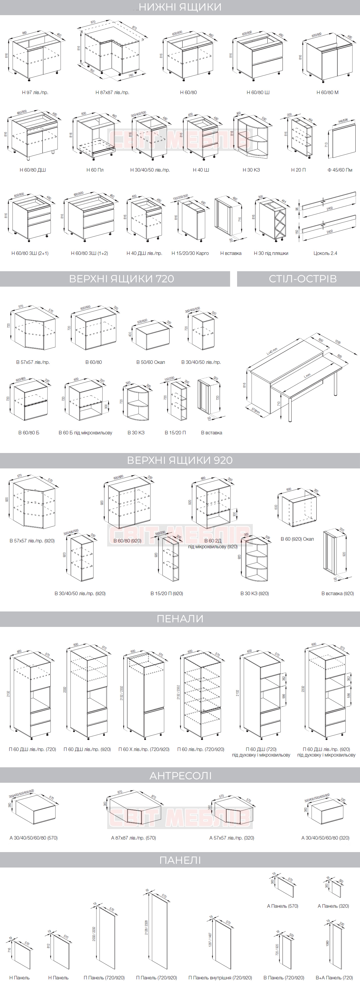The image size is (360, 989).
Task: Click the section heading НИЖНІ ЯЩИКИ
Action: point(180,7)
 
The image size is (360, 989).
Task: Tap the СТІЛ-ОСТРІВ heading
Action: point(302,278)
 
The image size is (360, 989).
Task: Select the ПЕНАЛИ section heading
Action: point(180,618)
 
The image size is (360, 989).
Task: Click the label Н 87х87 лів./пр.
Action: point(112,93)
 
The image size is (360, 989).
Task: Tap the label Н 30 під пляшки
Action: point(271,253)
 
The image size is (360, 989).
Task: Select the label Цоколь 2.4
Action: point(325,253)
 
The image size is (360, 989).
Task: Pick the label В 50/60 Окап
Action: point(151,362)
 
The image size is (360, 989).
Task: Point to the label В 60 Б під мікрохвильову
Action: point(85,433)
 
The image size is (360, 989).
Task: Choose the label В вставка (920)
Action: point(337,594)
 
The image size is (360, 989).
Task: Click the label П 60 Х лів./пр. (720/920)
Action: point(144,749)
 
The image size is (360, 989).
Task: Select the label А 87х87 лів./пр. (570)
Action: point(133,838)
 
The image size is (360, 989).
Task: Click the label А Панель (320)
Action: point(333,906)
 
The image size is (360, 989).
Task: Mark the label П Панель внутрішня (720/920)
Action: point(220,977)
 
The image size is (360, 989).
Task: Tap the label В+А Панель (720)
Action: point(334,977)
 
